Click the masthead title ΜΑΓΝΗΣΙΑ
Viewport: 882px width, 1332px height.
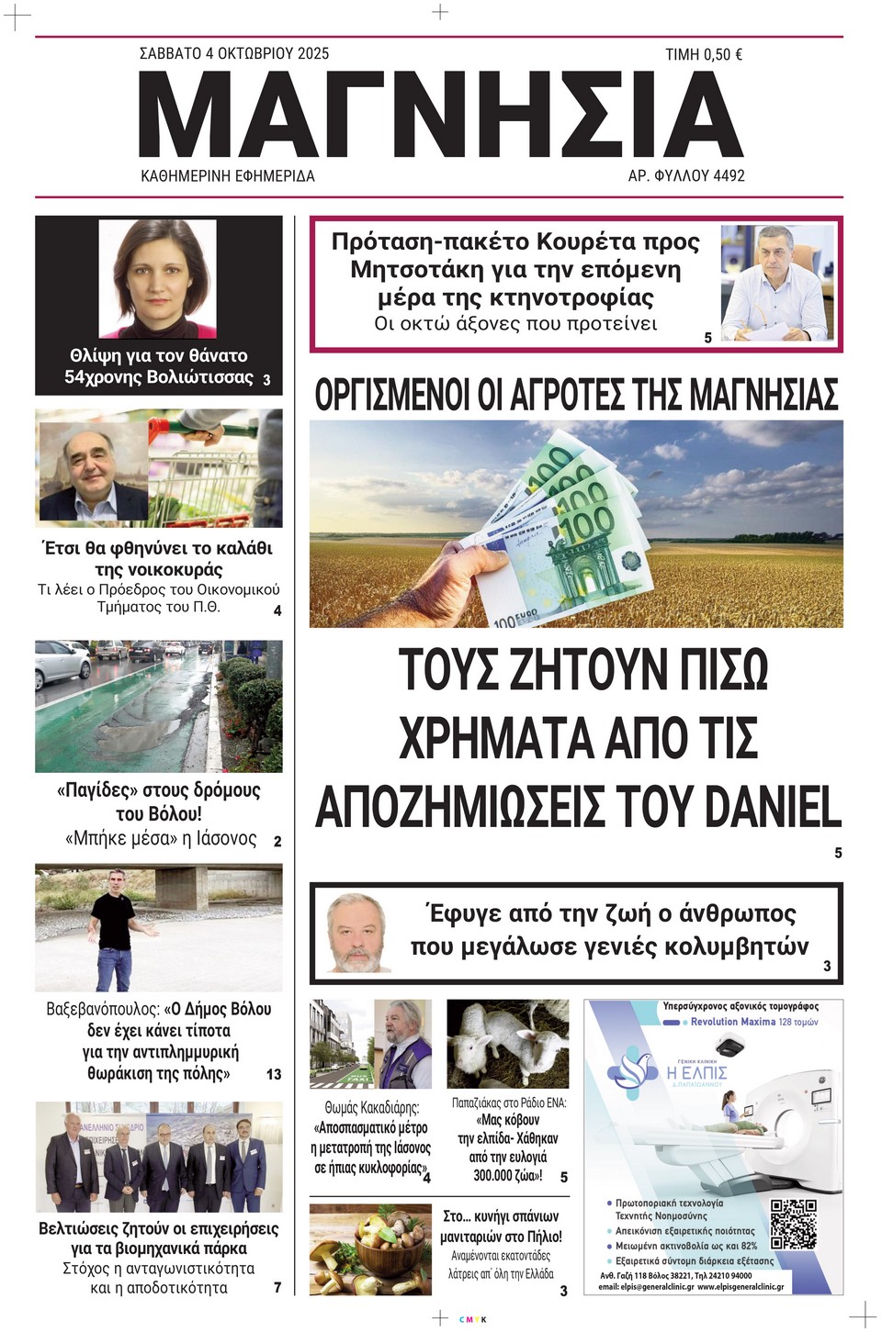click(x=441, y=114)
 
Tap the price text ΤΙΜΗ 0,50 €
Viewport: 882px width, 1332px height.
click(x=703, y=55)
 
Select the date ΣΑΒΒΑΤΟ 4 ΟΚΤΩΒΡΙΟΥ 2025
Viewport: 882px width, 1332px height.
click(x=233, y=54)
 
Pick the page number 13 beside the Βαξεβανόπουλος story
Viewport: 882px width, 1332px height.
click(x=273, y=1074)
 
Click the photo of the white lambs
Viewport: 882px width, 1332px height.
click(x=507, y=1043)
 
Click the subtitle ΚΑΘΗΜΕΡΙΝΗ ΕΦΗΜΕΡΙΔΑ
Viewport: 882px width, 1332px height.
click(x=227, y=175)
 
